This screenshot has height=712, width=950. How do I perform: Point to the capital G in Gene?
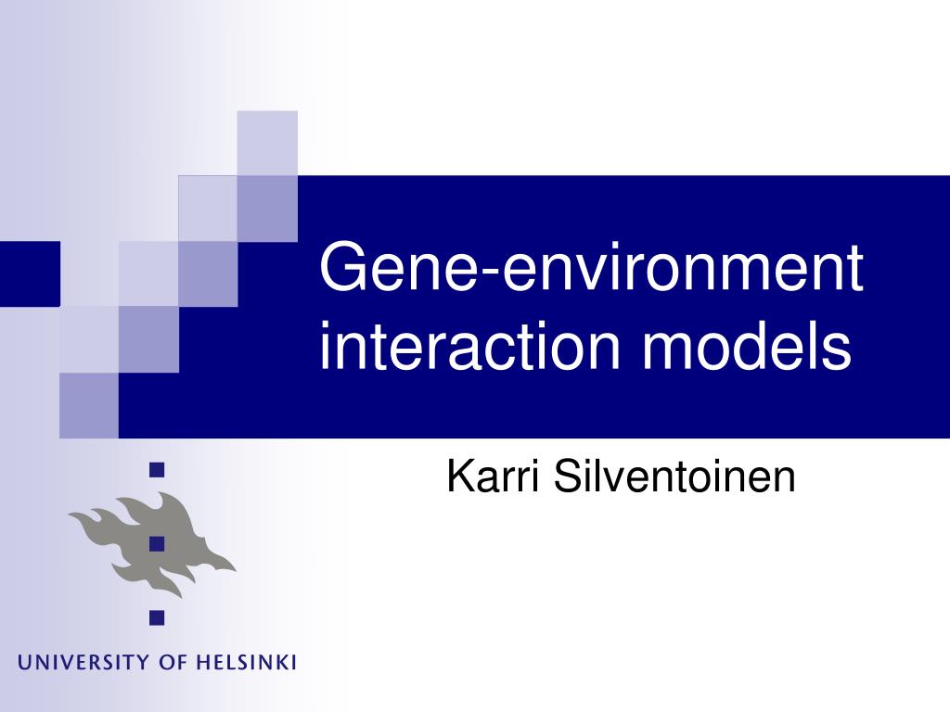click(342, 266)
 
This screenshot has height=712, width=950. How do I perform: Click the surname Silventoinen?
click(674, 478)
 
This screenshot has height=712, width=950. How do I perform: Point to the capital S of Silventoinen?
click(566, 478)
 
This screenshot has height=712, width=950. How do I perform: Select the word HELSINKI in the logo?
click(247, 663)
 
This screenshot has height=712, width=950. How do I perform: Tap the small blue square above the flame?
click(157, 470)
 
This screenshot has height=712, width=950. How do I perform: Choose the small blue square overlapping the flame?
click(157, 543)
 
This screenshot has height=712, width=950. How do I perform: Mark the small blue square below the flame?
click(157, 616)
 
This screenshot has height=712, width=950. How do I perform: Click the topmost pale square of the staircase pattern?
click(267, 142)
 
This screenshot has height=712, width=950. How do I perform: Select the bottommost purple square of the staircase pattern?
click(89, 404)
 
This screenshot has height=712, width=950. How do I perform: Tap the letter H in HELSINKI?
click(200, 663)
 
